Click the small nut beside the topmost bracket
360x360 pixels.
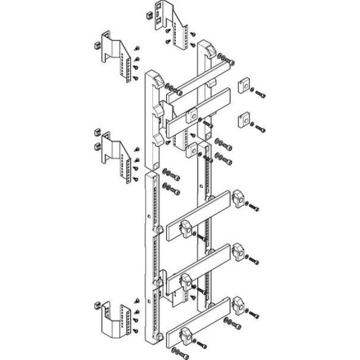[150, 14]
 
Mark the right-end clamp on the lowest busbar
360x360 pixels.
[240, 305]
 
